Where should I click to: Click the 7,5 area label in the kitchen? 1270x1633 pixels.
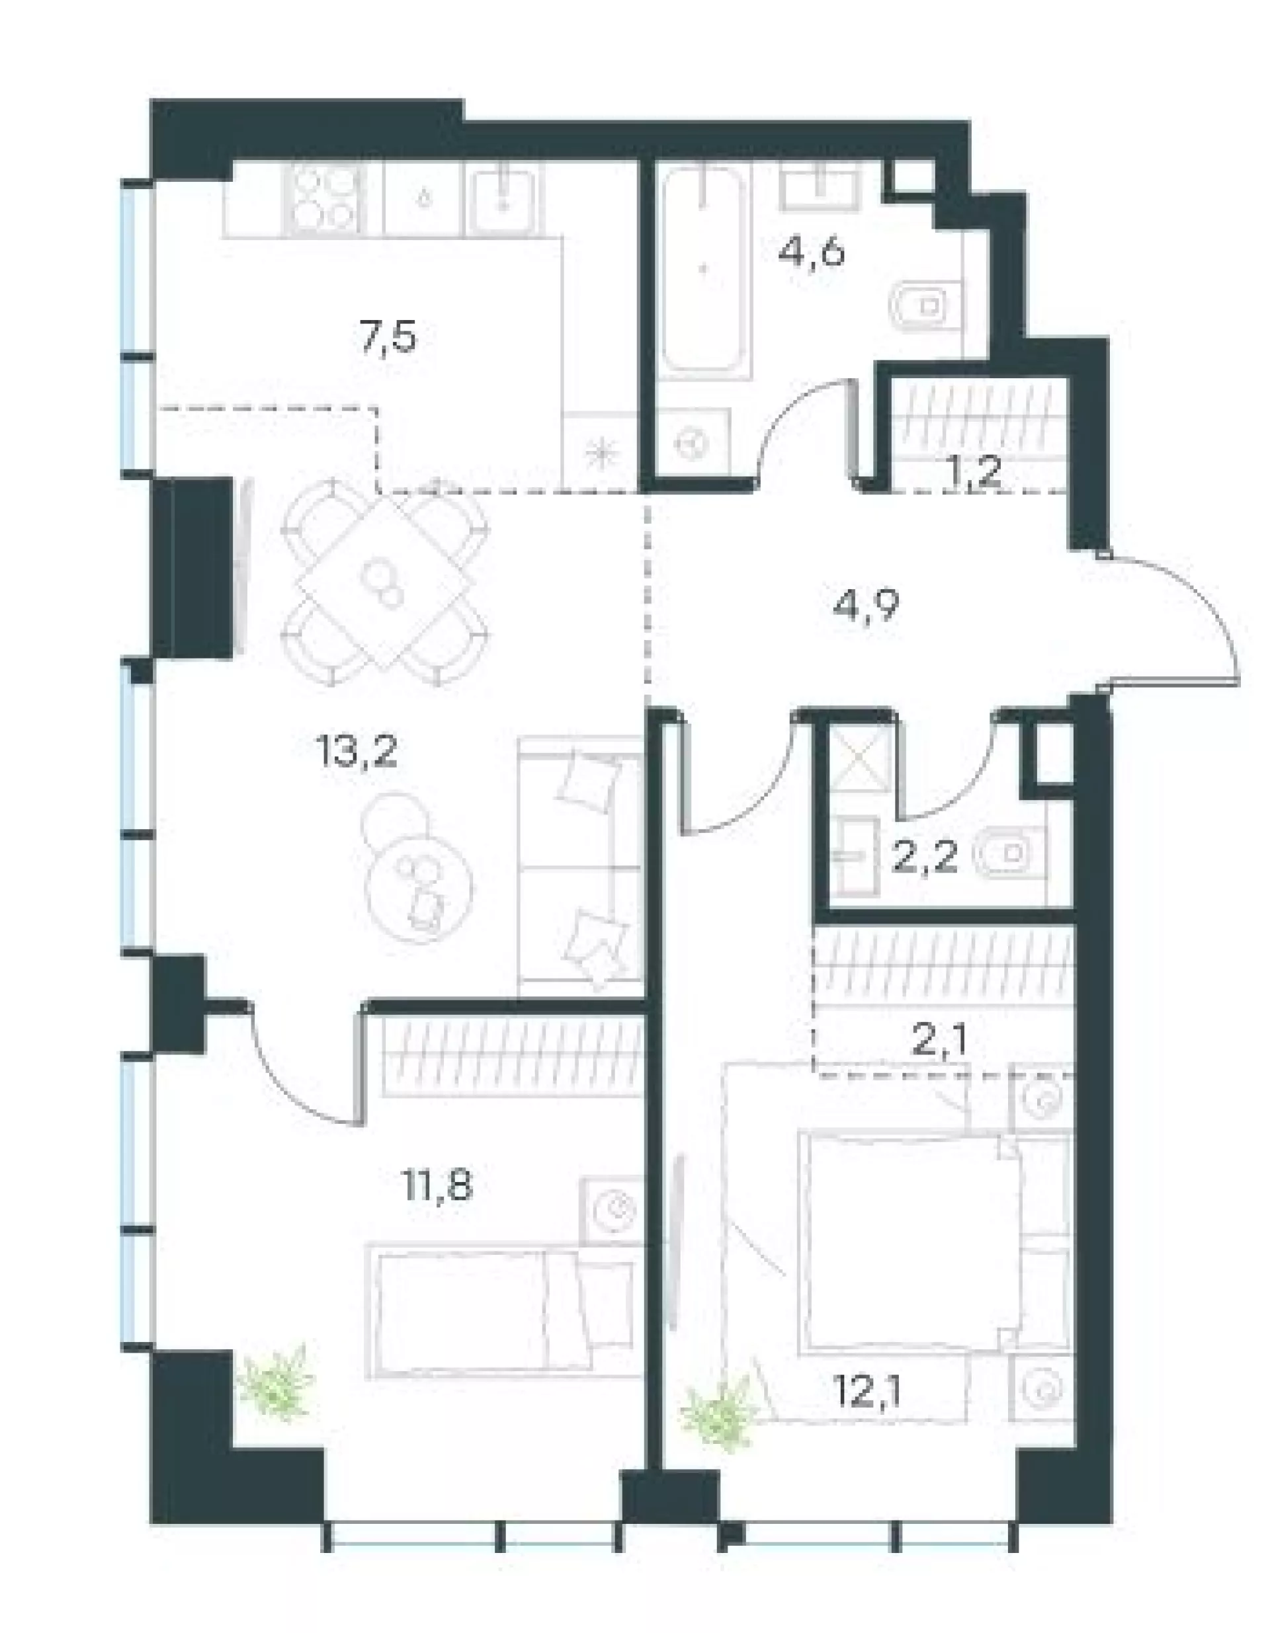388,339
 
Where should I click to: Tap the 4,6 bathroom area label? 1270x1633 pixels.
812,252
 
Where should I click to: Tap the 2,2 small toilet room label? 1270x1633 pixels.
925,858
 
